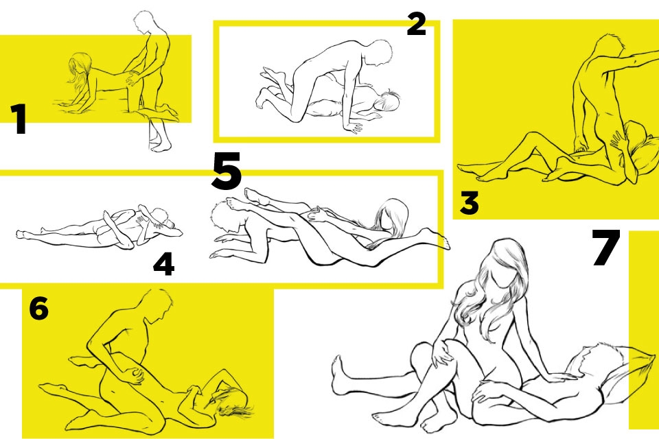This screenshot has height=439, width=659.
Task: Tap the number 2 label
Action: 416,24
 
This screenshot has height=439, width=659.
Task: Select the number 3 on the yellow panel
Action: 469,203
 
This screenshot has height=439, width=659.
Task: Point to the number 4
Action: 163,265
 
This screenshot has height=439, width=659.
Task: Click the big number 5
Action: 226,171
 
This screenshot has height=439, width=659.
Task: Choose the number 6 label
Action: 38,309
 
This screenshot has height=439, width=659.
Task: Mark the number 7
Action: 605,248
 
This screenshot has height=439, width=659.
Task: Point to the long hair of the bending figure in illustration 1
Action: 80,69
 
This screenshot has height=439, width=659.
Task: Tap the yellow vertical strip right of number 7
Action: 643,330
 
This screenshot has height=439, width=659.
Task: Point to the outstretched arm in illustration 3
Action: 630,62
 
